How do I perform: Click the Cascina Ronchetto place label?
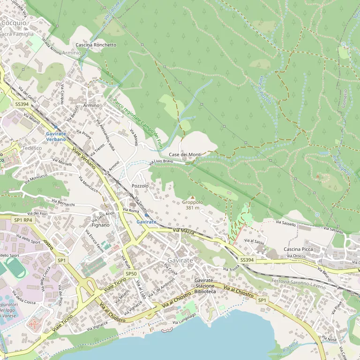tap(96, 45)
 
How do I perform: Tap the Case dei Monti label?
tap(185, 154)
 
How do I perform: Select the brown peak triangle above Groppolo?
tap(192, 197)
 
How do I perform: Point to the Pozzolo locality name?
tap(140, 186)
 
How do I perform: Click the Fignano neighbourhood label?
tap(100, 225)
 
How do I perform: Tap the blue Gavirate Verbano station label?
tap(56, 136)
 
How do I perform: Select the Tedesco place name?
tap(32, 148)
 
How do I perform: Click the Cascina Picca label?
tap(298, 249)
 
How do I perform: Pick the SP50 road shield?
tap(131, 274)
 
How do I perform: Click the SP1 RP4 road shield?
tap(23, 220)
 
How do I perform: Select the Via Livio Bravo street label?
tap(161, 162)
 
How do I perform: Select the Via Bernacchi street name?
tap(65, 204)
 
